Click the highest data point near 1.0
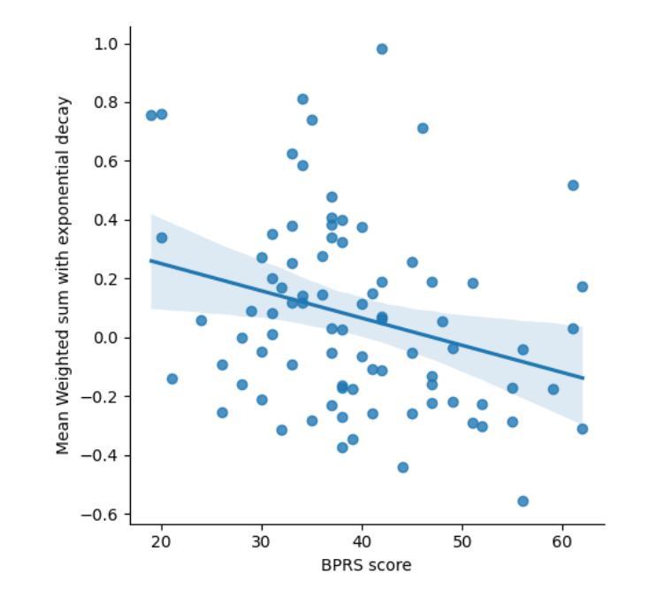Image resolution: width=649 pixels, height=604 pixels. [382, 50]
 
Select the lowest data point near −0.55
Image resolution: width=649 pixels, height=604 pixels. [523, 501]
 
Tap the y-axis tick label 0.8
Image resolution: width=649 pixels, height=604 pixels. [107, 103]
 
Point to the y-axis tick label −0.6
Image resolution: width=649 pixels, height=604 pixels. [103, 515]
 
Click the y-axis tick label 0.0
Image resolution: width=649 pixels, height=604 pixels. [107, 338]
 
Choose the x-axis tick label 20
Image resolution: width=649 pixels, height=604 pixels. [161, 541]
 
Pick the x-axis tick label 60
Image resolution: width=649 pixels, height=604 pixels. [562, 541]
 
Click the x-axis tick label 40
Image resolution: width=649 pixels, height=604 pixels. [362, 541]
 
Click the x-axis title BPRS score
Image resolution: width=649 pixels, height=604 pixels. [366, 565]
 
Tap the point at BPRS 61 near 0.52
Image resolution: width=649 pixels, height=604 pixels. [573, 186]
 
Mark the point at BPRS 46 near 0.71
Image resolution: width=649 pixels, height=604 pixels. [423, 128]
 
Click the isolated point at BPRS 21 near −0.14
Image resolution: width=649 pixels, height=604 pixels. [172, 379]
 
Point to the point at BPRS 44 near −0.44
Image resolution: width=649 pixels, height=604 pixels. [402, 467]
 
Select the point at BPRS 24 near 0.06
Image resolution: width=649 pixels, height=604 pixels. [202, 320]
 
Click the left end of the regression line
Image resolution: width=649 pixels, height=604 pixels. [152, 261]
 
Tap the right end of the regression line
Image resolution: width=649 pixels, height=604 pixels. [583, 378]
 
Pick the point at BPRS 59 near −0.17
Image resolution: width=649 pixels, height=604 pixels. [553, 389]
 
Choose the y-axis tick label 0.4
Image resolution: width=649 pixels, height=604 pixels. [107, 220]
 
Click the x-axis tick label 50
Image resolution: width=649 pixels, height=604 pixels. [462, 541]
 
